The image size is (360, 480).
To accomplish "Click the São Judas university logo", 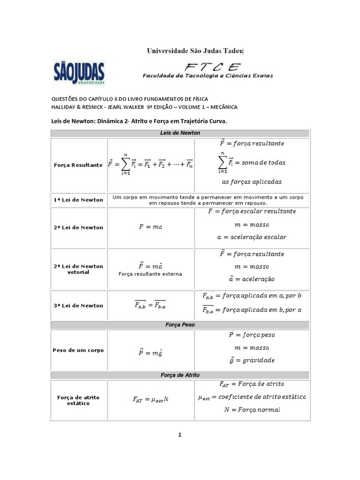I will (78, 72).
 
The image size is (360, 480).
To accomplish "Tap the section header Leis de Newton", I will (180, 133).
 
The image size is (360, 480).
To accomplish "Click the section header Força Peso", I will (180, 324).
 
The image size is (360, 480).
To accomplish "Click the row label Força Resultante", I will (79, 165).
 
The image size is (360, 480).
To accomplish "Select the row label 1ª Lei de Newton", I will (79, 200).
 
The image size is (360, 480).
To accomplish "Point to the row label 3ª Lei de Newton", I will (79, 306).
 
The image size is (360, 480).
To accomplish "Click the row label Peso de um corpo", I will (79, 350).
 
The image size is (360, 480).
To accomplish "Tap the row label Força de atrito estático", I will (79, 400).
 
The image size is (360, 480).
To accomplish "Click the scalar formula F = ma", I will (150, 227).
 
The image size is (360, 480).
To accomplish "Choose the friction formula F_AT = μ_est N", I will (150, 400).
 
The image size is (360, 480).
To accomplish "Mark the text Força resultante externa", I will (150, 274).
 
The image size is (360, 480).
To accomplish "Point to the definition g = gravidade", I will (251, 360).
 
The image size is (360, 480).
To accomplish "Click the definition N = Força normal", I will (251, 410).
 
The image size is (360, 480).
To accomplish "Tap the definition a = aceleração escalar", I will (251, 237).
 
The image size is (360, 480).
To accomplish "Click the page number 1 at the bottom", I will (180, 435).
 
